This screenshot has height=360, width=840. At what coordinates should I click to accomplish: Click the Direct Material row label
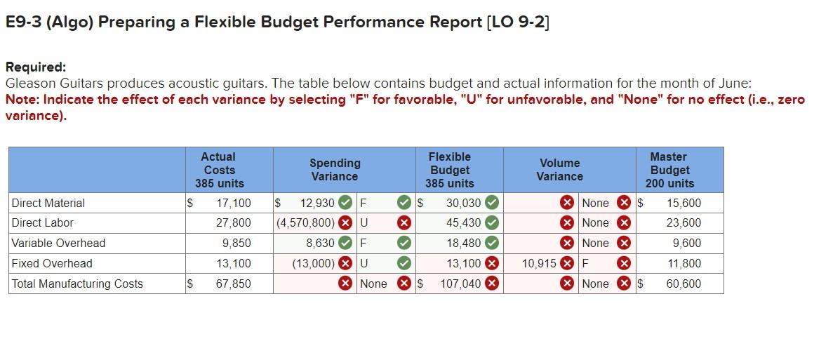[48, 203]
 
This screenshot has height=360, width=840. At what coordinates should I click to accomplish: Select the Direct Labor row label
[43, 222]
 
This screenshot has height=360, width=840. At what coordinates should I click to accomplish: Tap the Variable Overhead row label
[58, 243]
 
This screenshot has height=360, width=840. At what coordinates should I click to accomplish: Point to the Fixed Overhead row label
[52, 263]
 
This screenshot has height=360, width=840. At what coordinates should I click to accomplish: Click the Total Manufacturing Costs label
[77, 284]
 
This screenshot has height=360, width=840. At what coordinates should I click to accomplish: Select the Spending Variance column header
[335, 170]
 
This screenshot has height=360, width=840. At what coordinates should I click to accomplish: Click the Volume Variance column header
[559, 170]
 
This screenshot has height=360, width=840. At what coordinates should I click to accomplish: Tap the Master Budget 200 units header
[669, 170]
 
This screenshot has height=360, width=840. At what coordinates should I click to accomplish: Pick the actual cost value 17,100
[234, 203]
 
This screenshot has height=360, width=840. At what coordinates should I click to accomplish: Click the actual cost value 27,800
[234, 222]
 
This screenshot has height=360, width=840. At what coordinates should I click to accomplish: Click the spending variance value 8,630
[320, 243]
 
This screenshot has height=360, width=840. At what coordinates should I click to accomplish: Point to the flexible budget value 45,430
[464, 222]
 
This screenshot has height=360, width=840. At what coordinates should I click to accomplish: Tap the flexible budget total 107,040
[460, 284]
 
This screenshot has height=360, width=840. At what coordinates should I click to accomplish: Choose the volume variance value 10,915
[538, 263]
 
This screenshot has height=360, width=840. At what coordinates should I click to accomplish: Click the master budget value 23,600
[684, 222]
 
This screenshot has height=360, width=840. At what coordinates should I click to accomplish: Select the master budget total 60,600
[684, 284]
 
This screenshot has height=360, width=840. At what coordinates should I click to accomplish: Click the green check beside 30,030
[493, 203]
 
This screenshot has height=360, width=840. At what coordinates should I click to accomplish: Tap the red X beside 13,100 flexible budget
[493, 263]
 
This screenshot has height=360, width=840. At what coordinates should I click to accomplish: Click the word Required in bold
[36, 67]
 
